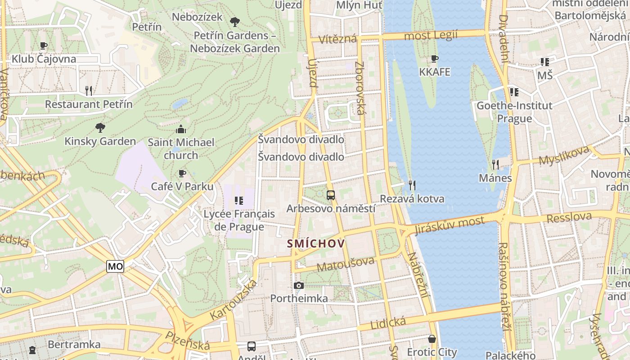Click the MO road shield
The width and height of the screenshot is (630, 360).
click(115, 266)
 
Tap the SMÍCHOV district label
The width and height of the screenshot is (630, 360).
click(316, 244)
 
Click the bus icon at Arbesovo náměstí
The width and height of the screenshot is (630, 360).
click(331, 195)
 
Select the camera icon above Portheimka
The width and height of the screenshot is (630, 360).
click(298, 285)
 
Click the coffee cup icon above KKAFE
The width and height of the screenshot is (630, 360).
click(434, 58)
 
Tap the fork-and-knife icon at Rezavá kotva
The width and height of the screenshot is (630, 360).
click(412, 185)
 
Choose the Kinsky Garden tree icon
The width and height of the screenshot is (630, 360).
click(100, 128)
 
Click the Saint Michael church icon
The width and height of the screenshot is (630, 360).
click(181, 130)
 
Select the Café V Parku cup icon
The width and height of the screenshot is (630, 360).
click(182, 173)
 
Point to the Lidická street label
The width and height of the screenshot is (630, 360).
click(388, 322)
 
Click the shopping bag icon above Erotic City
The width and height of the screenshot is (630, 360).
click(432, 338)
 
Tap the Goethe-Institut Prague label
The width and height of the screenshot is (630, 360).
click(514, 112)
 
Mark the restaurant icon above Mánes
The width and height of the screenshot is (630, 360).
click(495, 164)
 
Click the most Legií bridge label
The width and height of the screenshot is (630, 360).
click(431, 35)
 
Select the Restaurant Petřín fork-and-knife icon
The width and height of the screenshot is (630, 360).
click(89, 91)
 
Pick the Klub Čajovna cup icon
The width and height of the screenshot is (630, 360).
click(44, 45)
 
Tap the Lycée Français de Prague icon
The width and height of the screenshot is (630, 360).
click(239, 200)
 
